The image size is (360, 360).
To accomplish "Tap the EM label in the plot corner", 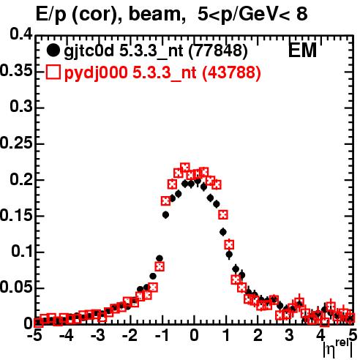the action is point(302,50).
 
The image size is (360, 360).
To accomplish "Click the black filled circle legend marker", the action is point(53,50).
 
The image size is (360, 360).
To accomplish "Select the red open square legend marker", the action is point(53,72).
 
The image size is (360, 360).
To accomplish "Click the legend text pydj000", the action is point(96,73).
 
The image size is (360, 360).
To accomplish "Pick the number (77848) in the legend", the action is point(218,51).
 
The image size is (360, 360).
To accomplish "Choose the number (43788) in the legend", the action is point(232,72).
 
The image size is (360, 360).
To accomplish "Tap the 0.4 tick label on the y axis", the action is point(21,34).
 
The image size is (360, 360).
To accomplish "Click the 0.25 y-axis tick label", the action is point(16,143).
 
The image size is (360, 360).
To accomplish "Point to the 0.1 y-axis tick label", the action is point(22,251).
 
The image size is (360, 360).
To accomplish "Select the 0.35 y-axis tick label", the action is point(16,71).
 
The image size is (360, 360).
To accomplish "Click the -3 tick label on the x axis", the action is point(98,335).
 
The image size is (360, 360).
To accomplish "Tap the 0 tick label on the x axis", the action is point(194,335).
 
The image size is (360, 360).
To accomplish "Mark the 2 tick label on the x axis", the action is point(258,335).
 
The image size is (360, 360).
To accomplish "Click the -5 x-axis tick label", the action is point(35,335).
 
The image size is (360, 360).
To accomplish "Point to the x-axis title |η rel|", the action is point(338,349).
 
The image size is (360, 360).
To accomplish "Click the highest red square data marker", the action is point(185,168).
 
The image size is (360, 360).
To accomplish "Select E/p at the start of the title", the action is point(51,15).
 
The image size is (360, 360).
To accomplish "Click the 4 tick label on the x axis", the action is point(321,335).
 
